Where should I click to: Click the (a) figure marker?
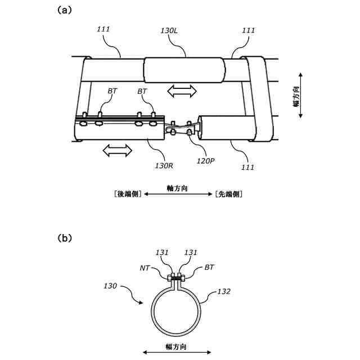(64, 11)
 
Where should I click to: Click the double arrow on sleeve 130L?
(182, 90)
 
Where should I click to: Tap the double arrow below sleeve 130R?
(117, 150)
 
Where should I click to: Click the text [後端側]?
(127, 194)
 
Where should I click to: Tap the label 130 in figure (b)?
(110, 286)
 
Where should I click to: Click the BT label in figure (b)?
(209, 269)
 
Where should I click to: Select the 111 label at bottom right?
(247, 167)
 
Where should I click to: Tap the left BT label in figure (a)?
(112, 91)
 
